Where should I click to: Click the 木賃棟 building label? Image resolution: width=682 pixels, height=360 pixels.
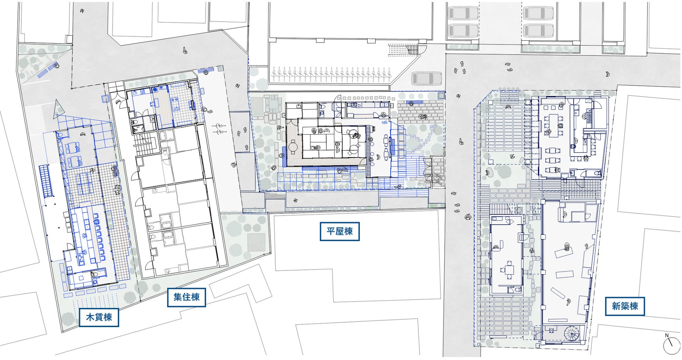click(x=99, y=317)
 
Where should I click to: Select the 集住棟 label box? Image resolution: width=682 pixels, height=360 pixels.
click(x=186, y=297)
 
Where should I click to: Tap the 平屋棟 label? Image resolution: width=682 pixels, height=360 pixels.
click(x=340, y=231)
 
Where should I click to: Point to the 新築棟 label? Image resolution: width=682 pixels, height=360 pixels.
click(x=625, y=306)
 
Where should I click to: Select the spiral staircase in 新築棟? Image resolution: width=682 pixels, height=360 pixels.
click(x=572, y=334)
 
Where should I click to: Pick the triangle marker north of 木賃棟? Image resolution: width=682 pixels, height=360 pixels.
click(x=59, y=109)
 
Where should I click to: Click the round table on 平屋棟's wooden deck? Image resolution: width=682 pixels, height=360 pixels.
click(x=292, y=147)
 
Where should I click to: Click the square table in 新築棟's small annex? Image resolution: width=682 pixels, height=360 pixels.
click(x=509, y=270)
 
